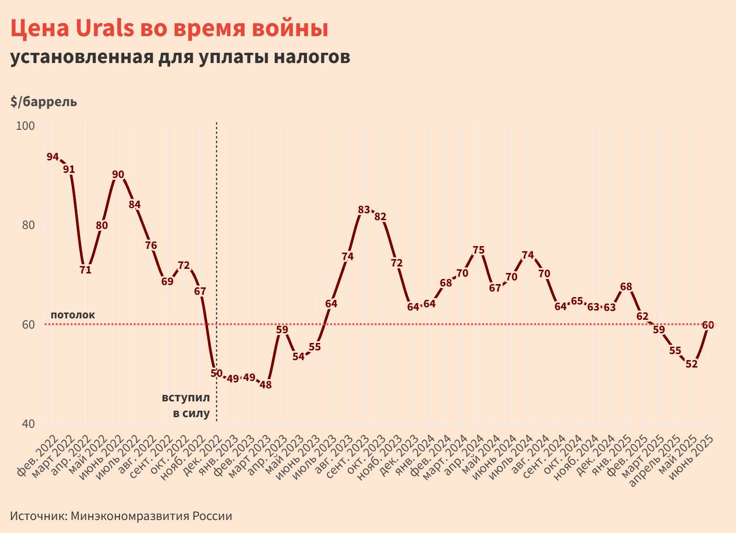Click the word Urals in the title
[104, 29]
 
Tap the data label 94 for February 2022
[52, 157]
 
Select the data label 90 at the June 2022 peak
[118, 175]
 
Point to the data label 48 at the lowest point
[266, 385]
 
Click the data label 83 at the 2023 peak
[364, 210]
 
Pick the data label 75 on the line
[478, 250]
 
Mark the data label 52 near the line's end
[691, 364]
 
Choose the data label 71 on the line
[85, 270]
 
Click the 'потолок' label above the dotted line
[73, 315]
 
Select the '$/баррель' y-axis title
[44, 102]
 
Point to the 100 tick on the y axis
[25, 126]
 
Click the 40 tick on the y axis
[28, 424]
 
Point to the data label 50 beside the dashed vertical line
[216, 373]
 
